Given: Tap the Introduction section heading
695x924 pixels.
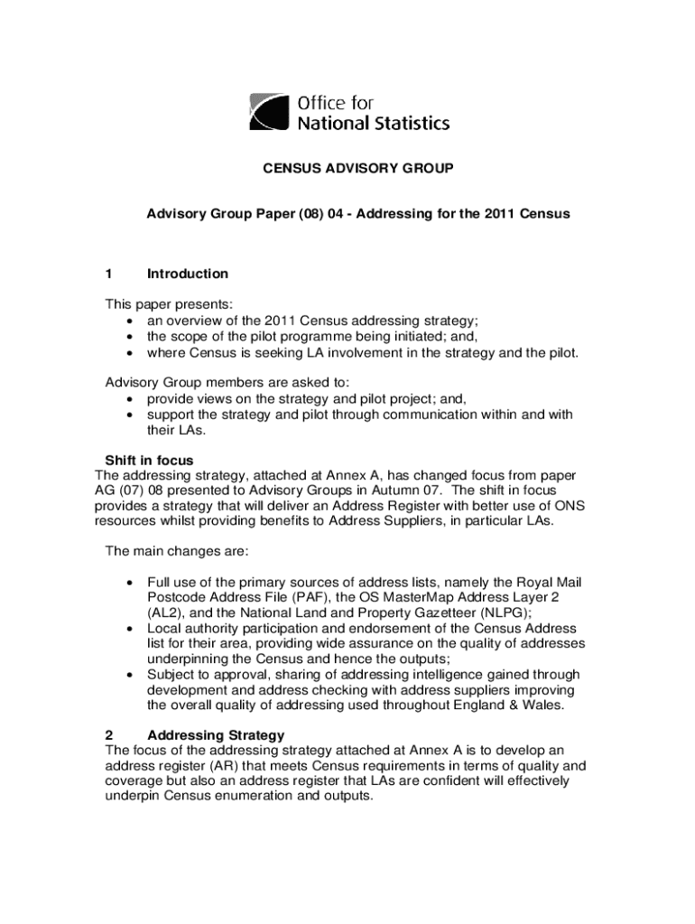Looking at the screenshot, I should tap(188, 273).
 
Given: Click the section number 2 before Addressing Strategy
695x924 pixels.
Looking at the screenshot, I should tap(109, 735).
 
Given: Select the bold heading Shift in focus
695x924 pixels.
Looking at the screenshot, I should tap(149, 460).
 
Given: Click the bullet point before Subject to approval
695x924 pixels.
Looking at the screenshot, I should tap(132, 675).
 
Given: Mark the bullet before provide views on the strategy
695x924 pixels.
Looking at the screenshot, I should tap(132, 399).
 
